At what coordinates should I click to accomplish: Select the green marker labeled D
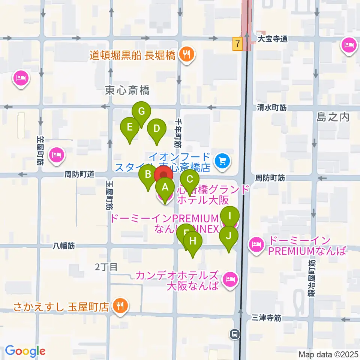[156, 129]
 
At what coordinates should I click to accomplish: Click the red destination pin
[164, 175]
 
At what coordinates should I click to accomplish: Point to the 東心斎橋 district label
[127, 90]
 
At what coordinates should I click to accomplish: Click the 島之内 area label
[333, 117]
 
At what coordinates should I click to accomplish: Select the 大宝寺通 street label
[273, 39]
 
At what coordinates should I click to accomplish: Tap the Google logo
[25, 351]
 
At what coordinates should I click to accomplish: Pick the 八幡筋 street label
[64, 246]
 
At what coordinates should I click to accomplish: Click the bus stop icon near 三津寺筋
[235, 333]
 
